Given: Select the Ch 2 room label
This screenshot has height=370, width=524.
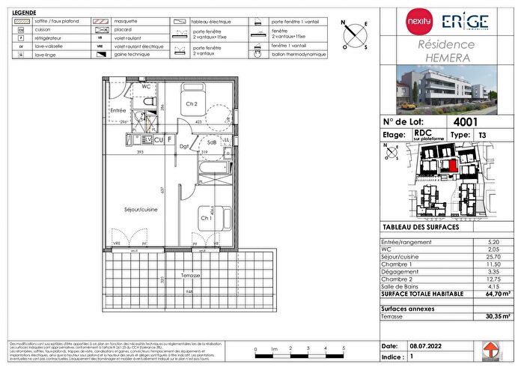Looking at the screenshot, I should pos(192,104).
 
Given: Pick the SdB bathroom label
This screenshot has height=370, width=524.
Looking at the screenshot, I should pos(212,142).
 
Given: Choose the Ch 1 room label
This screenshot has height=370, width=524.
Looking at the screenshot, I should pos(205,218).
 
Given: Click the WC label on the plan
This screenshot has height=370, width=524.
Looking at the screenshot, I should pos(147,87).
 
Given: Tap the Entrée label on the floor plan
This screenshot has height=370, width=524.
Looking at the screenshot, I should pos(118,110).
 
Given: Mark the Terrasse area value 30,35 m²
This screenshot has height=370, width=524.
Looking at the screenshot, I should pos(490,318).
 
